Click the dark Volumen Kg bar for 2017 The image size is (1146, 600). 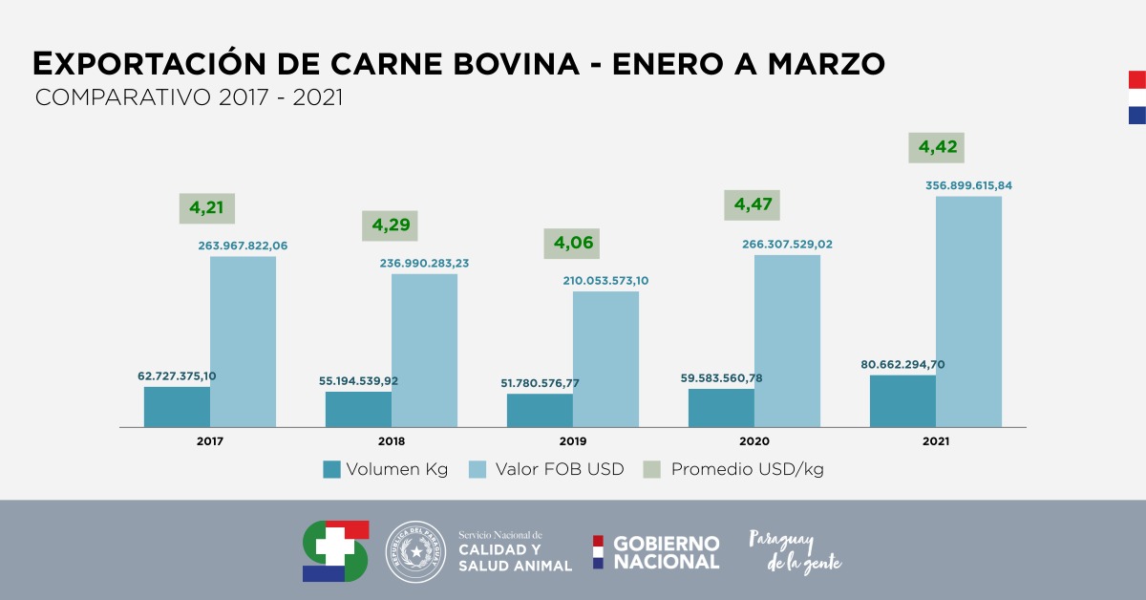[177, 406]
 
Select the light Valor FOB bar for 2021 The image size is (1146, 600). [968, 311]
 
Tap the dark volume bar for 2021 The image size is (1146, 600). [902, 400]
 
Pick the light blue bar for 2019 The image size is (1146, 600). [605, 358]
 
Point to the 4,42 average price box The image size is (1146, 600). [937, 148]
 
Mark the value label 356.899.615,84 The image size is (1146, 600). [968, 184]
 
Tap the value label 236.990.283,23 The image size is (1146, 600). [424, 263]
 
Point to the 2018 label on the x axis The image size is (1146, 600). [391, 441]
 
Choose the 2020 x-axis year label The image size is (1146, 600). [753, 441]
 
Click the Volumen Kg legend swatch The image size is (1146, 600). [331, 469]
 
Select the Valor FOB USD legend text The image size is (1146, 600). [560, 469]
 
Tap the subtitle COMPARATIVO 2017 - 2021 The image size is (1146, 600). [188, 97]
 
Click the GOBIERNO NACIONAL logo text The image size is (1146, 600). [666, 552]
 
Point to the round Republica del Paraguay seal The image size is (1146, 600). [415, 552]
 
